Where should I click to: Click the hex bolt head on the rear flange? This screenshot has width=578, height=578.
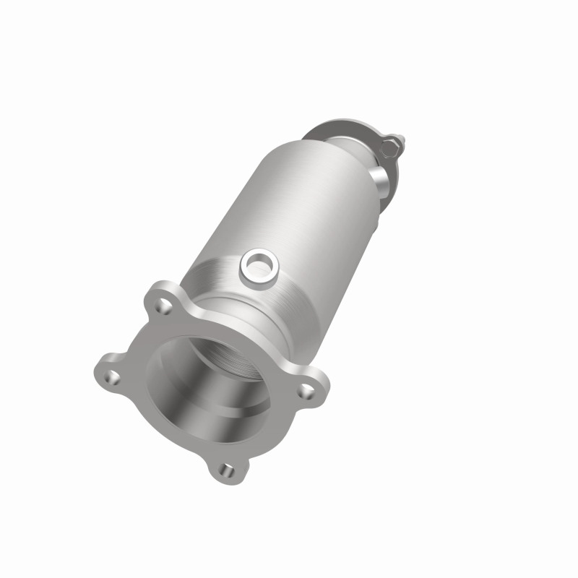[x=389, y=147]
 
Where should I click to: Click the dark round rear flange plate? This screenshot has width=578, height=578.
[x=340, y=129]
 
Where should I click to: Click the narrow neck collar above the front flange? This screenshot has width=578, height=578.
[x=238, y=318]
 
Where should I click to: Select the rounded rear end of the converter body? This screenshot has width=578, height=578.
[x=340, y=155]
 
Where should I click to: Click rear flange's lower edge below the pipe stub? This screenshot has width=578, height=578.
[x=387, y=195]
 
